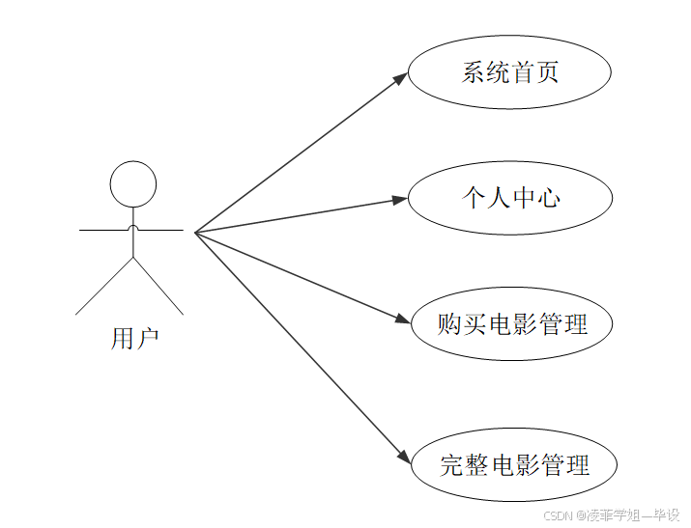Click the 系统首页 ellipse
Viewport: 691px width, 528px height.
pos(509,72)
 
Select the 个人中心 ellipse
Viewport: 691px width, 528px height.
pos(510,198)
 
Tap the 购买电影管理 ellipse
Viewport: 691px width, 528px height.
pos(512,324)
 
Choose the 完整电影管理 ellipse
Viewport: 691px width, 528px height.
pos(514,465)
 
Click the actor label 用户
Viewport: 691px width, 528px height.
pos(134,339)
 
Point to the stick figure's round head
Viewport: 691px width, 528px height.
pos(132,184)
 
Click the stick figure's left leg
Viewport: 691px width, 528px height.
pos(103,287)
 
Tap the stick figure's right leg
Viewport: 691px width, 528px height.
pos(158,287)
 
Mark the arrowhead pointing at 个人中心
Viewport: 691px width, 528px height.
pos(401,199)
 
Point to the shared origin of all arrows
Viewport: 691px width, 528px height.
pos(195,233)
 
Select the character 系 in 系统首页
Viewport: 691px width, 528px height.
pos(474,72)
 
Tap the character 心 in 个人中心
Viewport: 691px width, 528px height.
pos(548,198)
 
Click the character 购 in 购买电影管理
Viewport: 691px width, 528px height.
pos(449,324)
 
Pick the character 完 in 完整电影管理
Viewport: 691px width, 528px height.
pos(452,465)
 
